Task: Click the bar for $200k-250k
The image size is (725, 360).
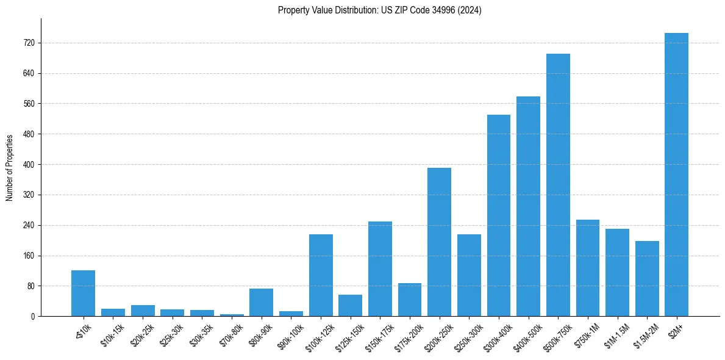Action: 439,242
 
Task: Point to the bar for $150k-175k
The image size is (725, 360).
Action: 380,268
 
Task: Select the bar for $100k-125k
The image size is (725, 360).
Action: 321,275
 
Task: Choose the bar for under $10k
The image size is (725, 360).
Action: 83,293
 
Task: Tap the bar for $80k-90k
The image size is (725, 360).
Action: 261,302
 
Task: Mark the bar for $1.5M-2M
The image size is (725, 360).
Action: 647,278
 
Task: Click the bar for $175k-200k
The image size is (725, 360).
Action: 410,300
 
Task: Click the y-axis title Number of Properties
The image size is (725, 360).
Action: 9,168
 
